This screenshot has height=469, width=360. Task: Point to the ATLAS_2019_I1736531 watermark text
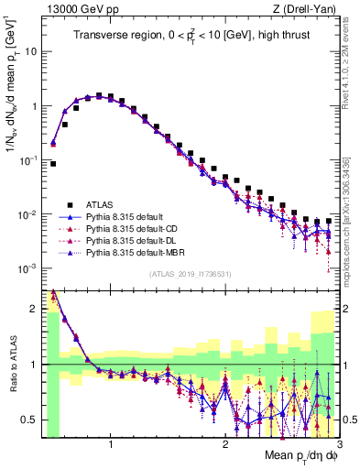tap(190, 274)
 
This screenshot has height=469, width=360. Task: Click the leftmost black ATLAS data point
tap(53, 164)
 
